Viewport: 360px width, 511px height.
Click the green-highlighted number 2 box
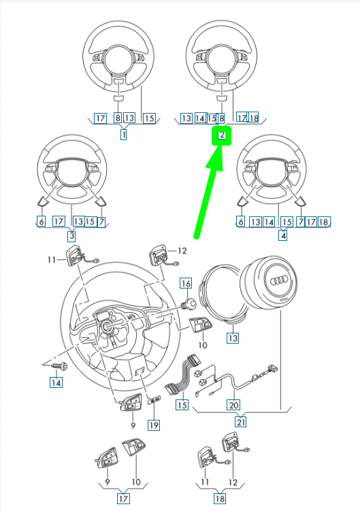coord(222,135)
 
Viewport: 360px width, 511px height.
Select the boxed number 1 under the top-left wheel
coord(124,135)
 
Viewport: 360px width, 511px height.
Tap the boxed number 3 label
coord(71,237)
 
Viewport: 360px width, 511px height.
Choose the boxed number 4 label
coord(282,237)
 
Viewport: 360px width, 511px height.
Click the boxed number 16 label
coord(185,282)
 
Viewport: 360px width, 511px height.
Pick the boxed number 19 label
coord(154,425)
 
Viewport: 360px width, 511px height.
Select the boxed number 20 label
coord(233,405)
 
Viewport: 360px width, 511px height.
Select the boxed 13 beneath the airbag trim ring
coord(233,337)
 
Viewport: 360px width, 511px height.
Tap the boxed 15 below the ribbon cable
coord(181,405)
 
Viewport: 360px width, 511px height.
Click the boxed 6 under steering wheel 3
coord(41,221)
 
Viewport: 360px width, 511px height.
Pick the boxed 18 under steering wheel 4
coord(324,222)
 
